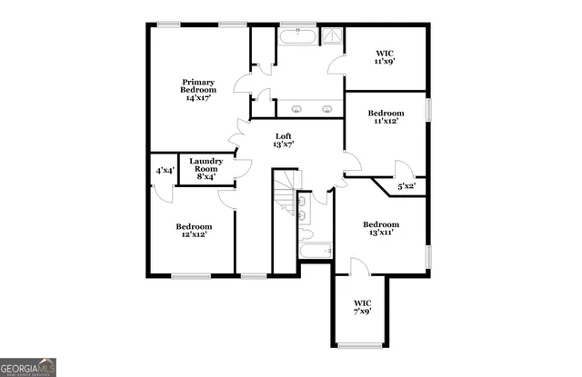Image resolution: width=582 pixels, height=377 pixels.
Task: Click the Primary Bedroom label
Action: tap(197, 84)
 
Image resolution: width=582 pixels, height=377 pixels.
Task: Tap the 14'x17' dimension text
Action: tap(197, 97)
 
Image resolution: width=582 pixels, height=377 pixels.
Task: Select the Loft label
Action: tap(284, 136)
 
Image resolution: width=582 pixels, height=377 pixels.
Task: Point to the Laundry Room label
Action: tap(205, 164)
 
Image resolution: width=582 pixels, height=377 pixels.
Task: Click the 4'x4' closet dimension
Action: tap(164, 171)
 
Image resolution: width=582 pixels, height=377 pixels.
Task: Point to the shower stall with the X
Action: tap(334, 35)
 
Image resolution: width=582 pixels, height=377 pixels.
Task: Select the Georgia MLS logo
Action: tap(28, 367)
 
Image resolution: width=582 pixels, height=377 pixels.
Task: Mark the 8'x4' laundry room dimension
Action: tap(205, 176)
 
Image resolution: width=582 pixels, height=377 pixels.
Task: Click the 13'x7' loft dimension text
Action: tap(284, 144)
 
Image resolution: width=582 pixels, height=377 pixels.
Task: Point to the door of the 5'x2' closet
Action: tap(403, 169)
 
